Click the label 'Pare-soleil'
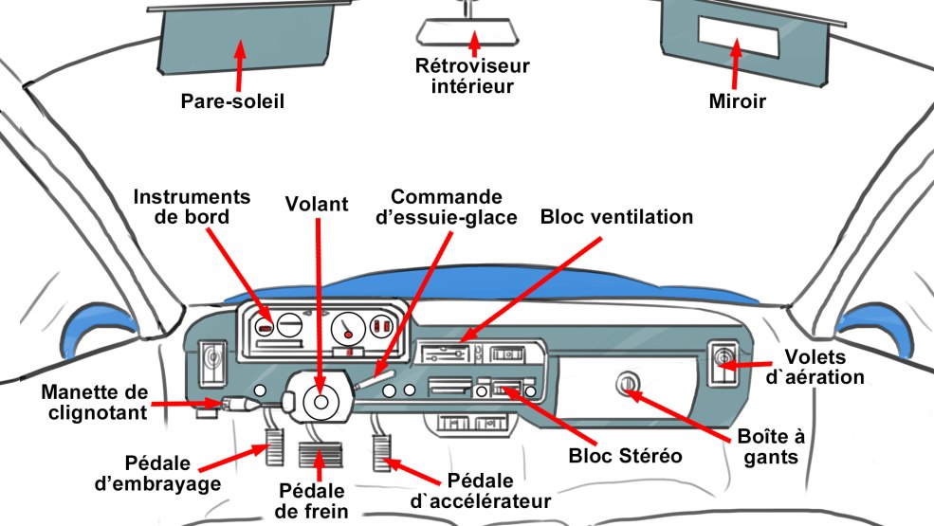pyautogui.click(x=233, y=100)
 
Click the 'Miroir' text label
pyautogui.click(x=737, y=100)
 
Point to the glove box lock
pyautogui.click(x=626, y=384)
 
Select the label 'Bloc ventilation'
pyautogui.click(x=616, y=217)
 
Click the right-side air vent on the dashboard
pyautogui.click(x=724, y=365)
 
